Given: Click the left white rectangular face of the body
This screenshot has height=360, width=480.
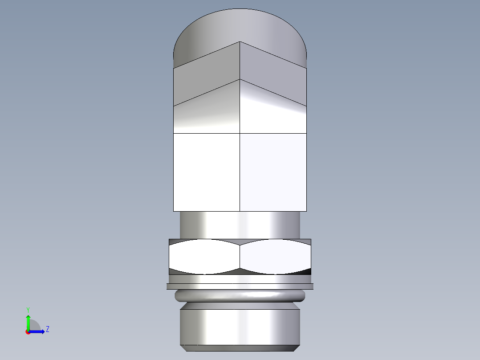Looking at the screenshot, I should [206, 172].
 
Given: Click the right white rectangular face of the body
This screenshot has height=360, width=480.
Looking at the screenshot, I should [273, 172].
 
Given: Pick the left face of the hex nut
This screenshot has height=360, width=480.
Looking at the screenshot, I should [204, 257].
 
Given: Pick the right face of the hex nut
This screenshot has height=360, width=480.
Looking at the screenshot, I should [275, 257].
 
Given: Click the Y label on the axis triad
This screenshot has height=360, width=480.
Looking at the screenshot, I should [28, 309].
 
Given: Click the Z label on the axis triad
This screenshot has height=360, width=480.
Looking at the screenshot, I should [47, 329].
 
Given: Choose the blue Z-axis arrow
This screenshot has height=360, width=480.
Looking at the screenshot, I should [37, 331].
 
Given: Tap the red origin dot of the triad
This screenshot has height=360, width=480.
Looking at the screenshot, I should [28, 332].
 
